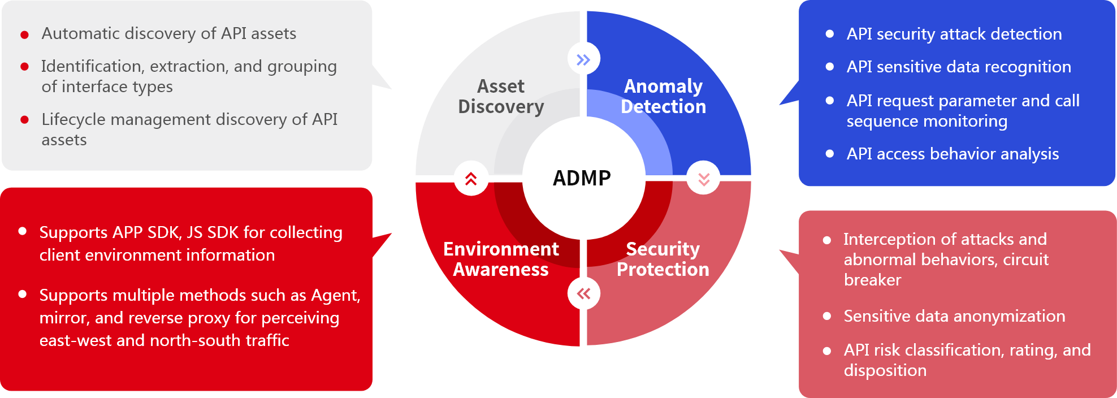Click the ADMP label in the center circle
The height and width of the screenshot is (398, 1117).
(582, 178)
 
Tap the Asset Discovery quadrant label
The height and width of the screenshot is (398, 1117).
(501, 97)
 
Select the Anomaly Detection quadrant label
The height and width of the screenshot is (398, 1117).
(663, 97)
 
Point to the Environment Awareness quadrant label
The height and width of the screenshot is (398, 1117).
(501, 259)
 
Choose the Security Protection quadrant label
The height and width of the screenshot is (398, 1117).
(663, 259)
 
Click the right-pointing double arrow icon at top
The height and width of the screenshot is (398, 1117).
(583, 59)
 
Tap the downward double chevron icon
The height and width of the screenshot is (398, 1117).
(704, 179)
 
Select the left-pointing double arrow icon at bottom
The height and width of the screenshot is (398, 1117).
(583, 293)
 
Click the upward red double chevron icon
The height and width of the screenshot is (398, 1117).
(471, 179)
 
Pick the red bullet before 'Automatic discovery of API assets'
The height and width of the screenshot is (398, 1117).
(25, 35)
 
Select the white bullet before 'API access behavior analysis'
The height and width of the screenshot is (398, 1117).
(830, 154)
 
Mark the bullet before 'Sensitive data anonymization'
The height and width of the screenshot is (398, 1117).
(827, 317)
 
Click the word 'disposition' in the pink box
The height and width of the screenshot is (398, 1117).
(885, 371)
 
